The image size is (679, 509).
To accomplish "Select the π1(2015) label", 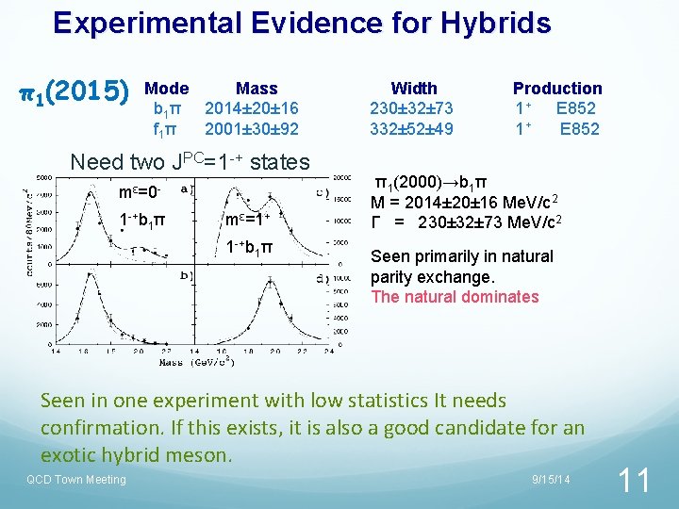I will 75,91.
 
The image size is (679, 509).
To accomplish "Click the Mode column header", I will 167,88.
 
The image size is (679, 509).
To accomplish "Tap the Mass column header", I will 257,88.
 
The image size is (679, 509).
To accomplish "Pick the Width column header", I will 413,88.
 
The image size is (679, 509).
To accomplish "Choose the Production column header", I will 557,88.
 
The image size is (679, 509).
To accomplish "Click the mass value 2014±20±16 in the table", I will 252,108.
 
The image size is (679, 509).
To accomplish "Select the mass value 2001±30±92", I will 252,129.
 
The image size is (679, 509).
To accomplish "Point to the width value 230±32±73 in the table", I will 412,108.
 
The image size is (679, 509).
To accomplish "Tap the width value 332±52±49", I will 412,129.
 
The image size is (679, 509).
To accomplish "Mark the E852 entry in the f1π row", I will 579,129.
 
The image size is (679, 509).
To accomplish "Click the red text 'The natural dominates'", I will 455,297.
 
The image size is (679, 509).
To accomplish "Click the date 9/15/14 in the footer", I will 552,480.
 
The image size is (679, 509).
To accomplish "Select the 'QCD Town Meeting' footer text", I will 75,480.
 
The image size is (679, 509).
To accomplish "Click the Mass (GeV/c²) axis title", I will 186,361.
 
